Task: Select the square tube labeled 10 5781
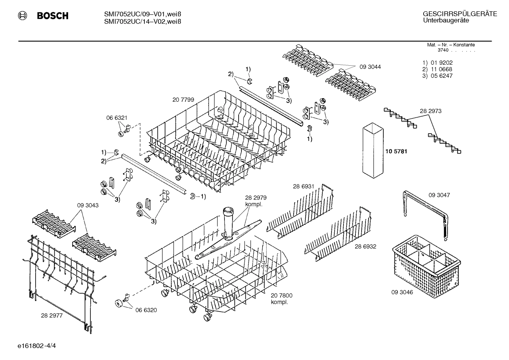(x=372, y=150)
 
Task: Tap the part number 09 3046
(x=402, y=292)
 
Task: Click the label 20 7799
(x=183, y=100)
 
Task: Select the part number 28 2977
(x=52, y=315)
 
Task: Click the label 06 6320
(x=146, y=310)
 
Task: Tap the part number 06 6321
(x=117, y=118)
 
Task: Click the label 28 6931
(x=303, y=186)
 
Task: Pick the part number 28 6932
(x=365, y=246)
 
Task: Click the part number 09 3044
(x=370, y=67)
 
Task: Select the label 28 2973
(x=430, y=111)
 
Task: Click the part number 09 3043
(x=88, y=205)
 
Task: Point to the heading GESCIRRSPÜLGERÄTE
(x=460, y=14)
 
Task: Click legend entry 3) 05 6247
(x=437, y=76)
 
